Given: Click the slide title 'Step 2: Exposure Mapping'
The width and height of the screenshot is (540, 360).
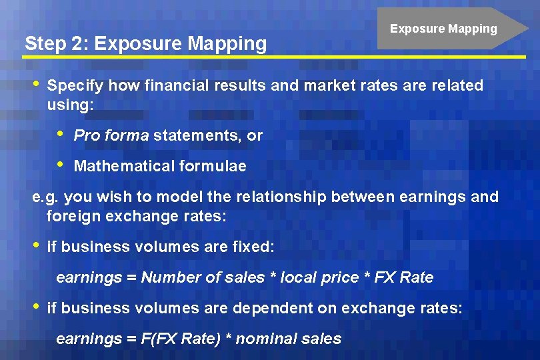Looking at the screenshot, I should (145, 43).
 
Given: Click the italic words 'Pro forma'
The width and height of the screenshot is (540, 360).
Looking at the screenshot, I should (111, 135).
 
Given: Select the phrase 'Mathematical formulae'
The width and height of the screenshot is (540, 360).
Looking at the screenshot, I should (160, 166).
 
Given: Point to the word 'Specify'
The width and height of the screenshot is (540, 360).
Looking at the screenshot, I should (75, 86).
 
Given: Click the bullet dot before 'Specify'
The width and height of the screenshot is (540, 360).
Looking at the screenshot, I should (37, 84).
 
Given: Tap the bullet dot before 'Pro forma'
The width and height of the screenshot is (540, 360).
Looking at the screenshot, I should (62, 133).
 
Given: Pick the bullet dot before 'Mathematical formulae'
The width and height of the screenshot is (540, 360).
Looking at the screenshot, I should (62, 164).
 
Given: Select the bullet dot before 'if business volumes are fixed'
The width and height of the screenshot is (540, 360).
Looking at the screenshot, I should (37, 245).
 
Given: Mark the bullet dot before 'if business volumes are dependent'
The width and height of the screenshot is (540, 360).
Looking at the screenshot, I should (37, 306).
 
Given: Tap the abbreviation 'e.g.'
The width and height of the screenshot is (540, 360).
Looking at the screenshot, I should (45, 197).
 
